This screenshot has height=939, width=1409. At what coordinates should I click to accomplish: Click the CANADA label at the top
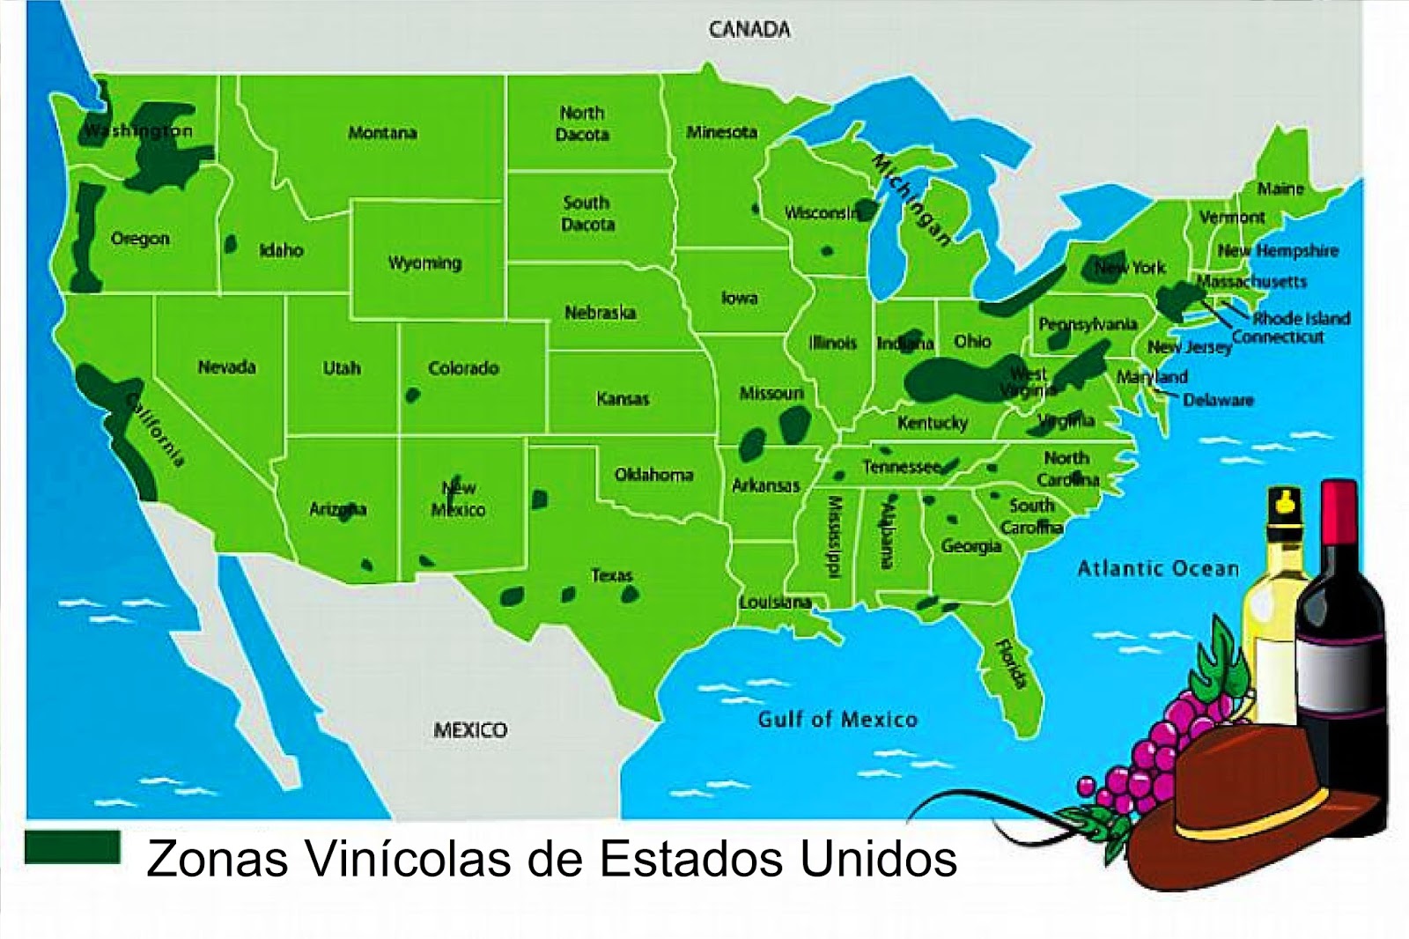749,30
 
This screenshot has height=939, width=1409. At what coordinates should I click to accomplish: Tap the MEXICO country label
470,730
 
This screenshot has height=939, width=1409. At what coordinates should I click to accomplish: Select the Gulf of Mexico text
837,720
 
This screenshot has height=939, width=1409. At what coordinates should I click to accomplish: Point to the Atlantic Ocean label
1158,569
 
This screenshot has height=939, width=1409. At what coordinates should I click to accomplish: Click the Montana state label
382,133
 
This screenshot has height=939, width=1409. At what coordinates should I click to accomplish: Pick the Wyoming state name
424,262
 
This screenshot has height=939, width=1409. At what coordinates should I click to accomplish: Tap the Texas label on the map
611,575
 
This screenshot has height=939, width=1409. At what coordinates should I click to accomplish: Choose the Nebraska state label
600,313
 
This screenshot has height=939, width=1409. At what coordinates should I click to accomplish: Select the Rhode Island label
1301,318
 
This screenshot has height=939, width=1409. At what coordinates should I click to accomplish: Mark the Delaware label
1217,400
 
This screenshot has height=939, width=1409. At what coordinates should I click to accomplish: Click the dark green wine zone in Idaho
231,244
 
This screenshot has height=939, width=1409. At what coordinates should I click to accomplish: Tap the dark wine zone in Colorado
412,396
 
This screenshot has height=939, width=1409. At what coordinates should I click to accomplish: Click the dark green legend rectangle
72,847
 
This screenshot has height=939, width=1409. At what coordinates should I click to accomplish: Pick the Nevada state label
226,367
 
